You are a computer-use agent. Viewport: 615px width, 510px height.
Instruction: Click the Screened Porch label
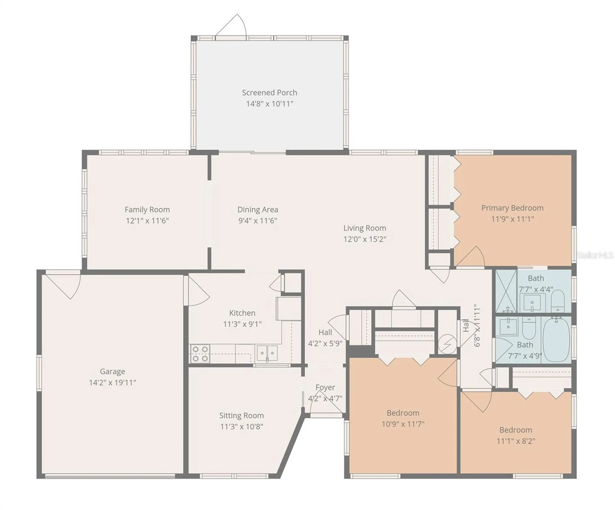pos(269,93)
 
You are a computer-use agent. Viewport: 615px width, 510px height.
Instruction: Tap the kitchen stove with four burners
pos(200,354)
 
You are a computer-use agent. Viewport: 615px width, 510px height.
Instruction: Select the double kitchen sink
pos(267,353)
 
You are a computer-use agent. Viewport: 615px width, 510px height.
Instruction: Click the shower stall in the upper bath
pos(506,291)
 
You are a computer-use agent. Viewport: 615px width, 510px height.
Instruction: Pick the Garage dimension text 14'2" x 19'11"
pos(112,382)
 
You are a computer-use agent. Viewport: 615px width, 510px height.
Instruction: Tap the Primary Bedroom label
pos(512,208)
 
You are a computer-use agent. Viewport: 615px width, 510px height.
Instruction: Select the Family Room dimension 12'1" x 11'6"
pos(147,220)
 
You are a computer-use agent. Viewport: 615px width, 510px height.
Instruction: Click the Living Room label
pos(365,228)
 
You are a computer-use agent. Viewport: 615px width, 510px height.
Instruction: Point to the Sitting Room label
pos(242,416)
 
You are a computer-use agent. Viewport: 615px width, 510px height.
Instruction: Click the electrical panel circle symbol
pos(447,344)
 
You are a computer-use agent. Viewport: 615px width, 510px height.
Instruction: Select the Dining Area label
pos(258,210)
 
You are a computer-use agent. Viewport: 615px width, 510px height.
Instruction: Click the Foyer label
pos(325,387)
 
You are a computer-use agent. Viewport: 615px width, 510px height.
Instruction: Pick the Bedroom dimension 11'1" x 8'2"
pos(516,441)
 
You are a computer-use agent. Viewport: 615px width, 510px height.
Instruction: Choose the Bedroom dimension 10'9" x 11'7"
pos(403,424)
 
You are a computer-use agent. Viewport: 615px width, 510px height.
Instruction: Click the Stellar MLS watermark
pos(595,255)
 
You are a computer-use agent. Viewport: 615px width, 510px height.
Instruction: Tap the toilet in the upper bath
pos(558,301)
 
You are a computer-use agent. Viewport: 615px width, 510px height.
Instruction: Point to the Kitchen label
pos(242,313)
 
